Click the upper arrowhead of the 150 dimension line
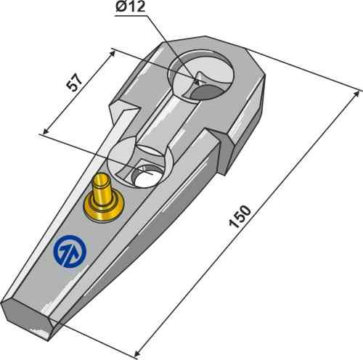pos(359,91)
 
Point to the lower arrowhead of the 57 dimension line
pos(45,132)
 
